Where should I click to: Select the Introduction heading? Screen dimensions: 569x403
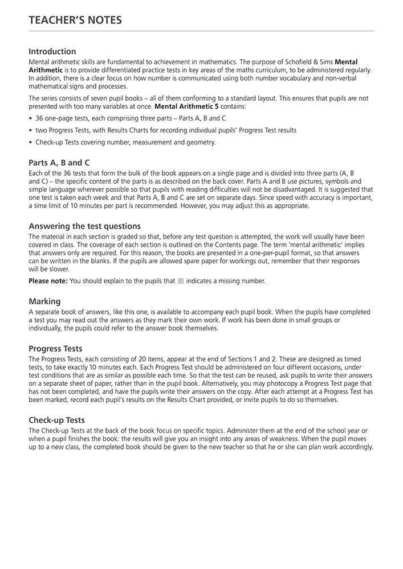tap(52, 51)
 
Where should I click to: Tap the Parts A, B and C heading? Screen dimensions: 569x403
tap(59, 162)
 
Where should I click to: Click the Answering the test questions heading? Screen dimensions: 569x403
tap(84, 226)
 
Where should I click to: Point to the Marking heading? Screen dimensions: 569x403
tap(44, 301)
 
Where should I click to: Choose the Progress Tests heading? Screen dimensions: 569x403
tap(55, 348)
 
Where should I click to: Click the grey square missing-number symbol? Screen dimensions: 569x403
tap(181, 281)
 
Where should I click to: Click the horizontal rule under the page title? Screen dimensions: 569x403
tap(201, 31)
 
